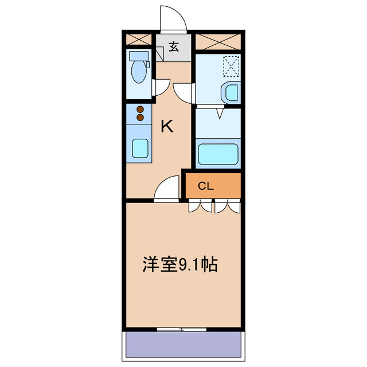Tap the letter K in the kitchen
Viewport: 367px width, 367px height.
point(166,126)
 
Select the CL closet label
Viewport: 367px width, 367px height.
point(206,186)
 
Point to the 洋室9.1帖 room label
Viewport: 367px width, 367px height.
point(179,265)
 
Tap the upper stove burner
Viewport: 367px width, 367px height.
point(139,108)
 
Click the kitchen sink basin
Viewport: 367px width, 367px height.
point(140,149)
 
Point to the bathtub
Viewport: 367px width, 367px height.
point(218,154)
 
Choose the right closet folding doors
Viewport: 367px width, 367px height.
point(228,206)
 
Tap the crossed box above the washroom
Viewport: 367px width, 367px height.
point(218,41)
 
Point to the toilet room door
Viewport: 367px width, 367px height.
point(161,86)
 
